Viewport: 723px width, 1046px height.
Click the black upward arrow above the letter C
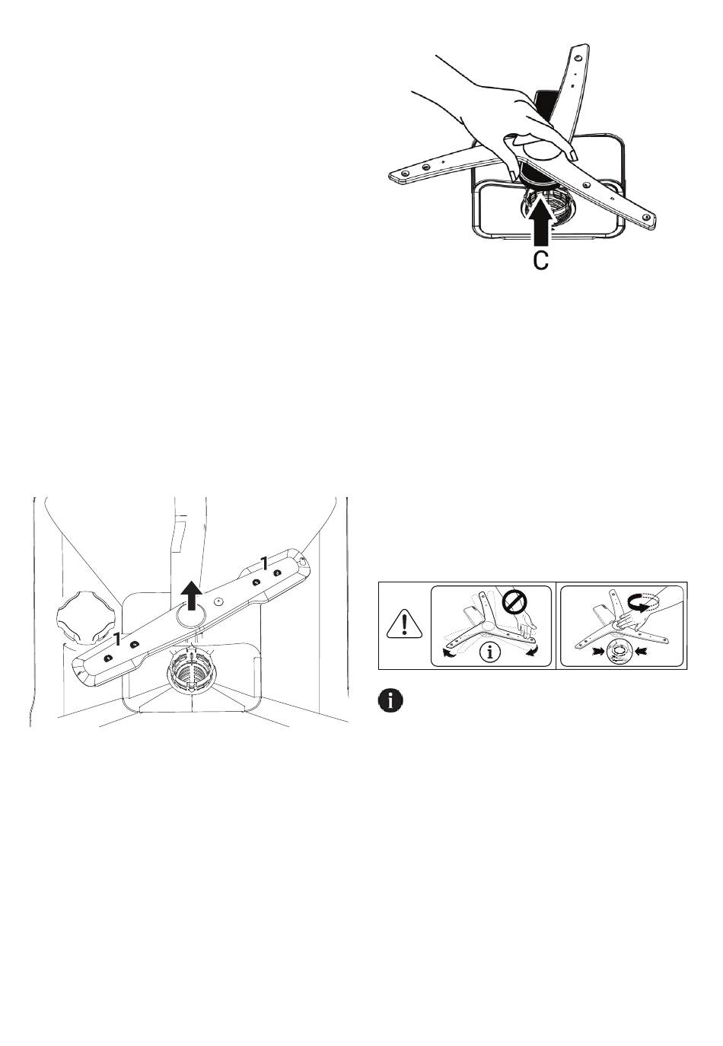tap(539, 220)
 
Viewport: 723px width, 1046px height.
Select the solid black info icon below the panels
tap(390, 701)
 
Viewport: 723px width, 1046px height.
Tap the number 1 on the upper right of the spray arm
tap(264, 564)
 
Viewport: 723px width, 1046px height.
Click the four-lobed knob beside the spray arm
tap(82, 616)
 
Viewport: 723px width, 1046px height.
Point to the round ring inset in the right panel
tap(621, 652)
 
